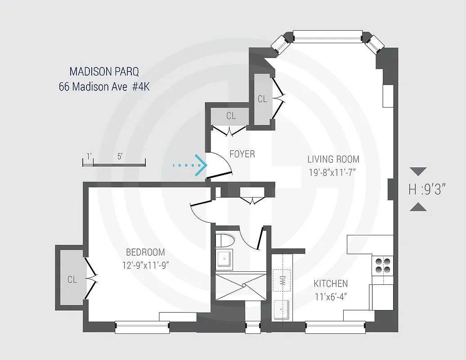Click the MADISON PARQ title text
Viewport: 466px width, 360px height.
coord(104,72)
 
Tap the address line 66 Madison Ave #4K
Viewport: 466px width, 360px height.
coord(104,86)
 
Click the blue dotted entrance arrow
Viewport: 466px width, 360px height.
coord(190,166)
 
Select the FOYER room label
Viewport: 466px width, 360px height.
coord(242,154)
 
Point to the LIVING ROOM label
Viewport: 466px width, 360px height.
coord(333,159)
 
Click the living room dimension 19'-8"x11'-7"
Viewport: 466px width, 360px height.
coord(333,172)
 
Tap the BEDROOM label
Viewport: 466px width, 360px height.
coord(145,252)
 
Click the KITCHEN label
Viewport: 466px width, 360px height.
coord(331,283)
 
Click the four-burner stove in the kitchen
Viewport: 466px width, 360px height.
coord(382,265)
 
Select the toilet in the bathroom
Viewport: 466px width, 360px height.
coord(224,240)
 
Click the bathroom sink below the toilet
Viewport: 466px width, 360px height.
coord(224,260)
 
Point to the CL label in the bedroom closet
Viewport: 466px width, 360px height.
coord(72,280)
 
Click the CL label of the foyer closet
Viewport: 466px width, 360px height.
coord(231,116)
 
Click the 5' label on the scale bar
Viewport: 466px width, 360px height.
coord(120,157)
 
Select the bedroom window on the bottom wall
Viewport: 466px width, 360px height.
coord(142,327)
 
